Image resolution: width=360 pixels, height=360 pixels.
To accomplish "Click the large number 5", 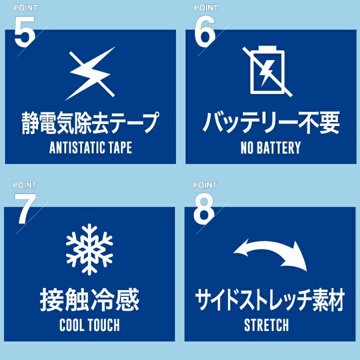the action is click(x=24, y=31).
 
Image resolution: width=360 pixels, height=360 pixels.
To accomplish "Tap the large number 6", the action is click(x=205, y=31).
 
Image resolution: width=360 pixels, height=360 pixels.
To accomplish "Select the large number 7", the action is click(x=25, y=208).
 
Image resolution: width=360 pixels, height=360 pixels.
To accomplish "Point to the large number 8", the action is click(x=204, y=208).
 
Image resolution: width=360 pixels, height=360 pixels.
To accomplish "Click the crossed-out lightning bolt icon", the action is click(x=90, y=73).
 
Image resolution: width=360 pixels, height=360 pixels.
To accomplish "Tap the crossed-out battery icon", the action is click(x=267, y=71).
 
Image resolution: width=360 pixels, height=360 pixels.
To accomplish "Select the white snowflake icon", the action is click(x=89, y=249).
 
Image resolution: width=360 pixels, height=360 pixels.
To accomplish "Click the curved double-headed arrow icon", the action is click(x=270, y=254).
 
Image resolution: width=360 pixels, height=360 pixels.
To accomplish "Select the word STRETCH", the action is click(x=266, y=325).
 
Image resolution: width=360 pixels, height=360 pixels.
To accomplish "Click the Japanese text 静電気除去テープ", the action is click(x=90, y=122).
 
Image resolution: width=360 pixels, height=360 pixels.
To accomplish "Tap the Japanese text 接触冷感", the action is click(x=89, y=300).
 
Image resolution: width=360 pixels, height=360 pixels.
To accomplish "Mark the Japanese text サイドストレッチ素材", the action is click(x=270, y=300).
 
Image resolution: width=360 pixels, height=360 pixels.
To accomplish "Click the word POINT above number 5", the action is click(x=25, y=8).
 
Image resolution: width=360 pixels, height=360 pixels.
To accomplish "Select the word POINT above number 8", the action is click(x=205, y=185).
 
